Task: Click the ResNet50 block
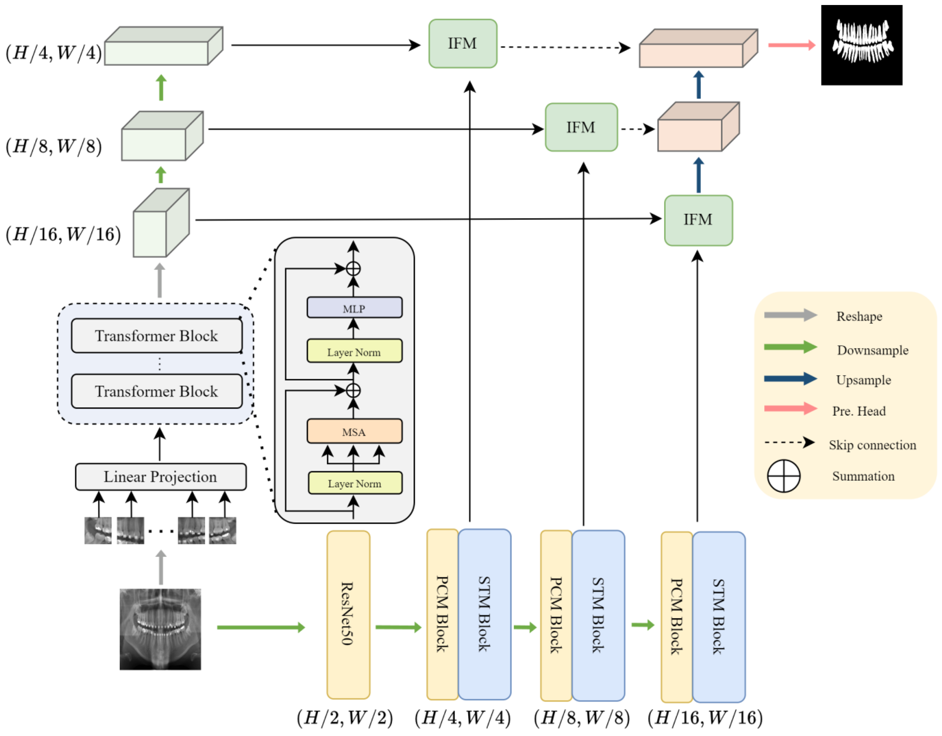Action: coord(348,614)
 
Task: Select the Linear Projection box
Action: coord(161,477)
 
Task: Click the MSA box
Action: coord(354,431)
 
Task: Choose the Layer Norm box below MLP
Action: coord(354,351)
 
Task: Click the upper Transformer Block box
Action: coord(156,336)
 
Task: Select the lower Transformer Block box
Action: coord(156,391)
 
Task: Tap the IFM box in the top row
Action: coord(462,44)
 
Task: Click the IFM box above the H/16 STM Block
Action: coord(698,220)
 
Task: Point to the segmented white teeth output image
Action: coord(861,45)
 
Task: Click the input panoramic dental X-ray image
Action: coord(160,629)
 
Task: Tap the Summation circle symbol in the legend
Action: coord(783,476)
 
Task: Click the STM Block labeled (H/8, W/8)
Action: coord(598,615)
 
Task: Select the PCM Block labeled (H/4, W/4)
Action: coord(442,614)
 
